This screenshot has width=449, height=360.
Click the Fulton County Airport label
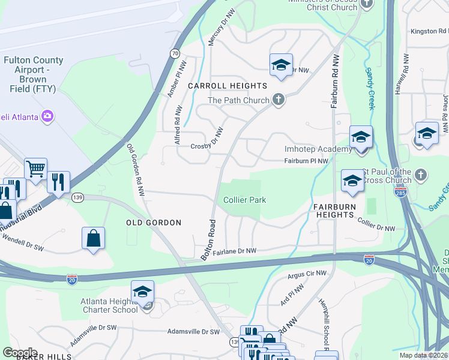tap(33, 74)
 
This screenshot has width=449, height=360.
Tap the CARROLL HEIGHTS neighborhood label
tap(227, 86)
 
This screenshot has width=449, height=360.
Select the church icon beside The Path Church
tap(278, 100)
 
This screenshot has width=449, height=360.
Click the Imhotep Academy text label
tap(318, 149)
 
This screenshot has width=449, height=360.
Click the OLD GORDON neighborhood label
tap(154, 223)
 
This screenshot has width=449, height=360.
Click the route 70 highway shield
tap(175, 53)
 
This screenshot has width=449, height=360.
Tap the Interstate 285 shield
tap(401, 193)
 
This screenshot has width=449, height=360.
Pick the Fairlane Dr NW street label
tap(235, 251)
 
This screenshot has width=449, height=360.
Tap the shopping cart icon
tap(35, 169)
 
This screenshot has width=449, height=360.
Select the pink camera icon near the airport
tap(47, 116)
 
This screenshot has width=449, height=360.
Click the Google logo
tap(19, 352)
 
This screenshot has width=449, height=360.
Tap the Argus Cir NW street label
tap(307, 274)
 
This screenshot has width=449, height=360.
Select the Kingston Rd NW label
tap(429, 31)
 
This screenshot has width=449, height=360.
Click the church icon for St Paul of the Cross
tap(421, 175)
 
